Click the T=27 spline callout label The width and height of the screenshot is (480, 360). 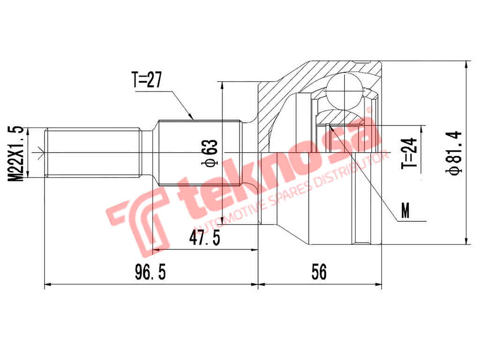pos(146,80)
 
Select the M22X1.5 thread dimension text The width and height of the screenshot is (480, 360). pos(15,153)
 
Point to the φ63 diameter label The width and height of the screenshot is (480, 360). pos(210,153)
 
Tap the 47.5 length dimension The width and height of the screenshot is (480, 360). pos(204,238)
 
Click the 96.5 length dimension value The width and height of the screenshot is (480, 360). pos(150,272)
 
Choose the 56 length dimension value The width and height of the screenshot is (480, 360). pos(319,272)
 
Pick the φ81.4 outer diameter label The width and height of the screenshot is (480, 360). pos(453,153)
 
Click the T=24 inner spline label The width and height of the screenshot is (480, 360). pos(409,153)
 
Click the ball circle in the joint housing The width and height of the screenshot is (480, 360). pos(345,91)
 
